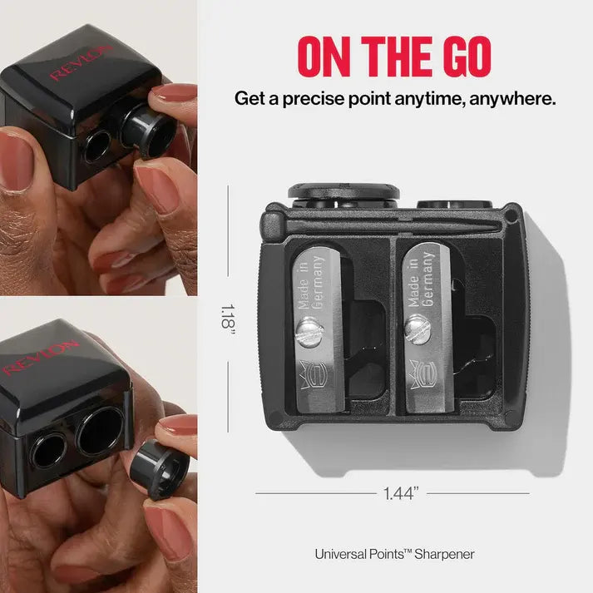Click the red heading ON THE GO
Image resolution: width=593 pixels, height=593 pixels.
click(x=394, y=55)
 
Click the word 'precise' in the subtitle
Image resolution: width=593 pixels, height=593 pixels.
click(x=311, y=98)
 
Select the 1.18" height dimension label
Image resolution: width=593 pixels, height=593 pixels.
click(x=228, y=317)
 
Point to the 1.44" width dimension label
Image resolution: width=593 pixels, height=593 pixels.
click(x=401, y=493)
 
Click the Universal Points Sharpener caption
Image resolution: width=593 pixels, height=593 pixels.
click(x=394, y=553)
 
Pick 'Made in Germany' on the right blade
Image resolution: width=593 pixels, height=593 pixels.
click(x=421, y=279)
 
